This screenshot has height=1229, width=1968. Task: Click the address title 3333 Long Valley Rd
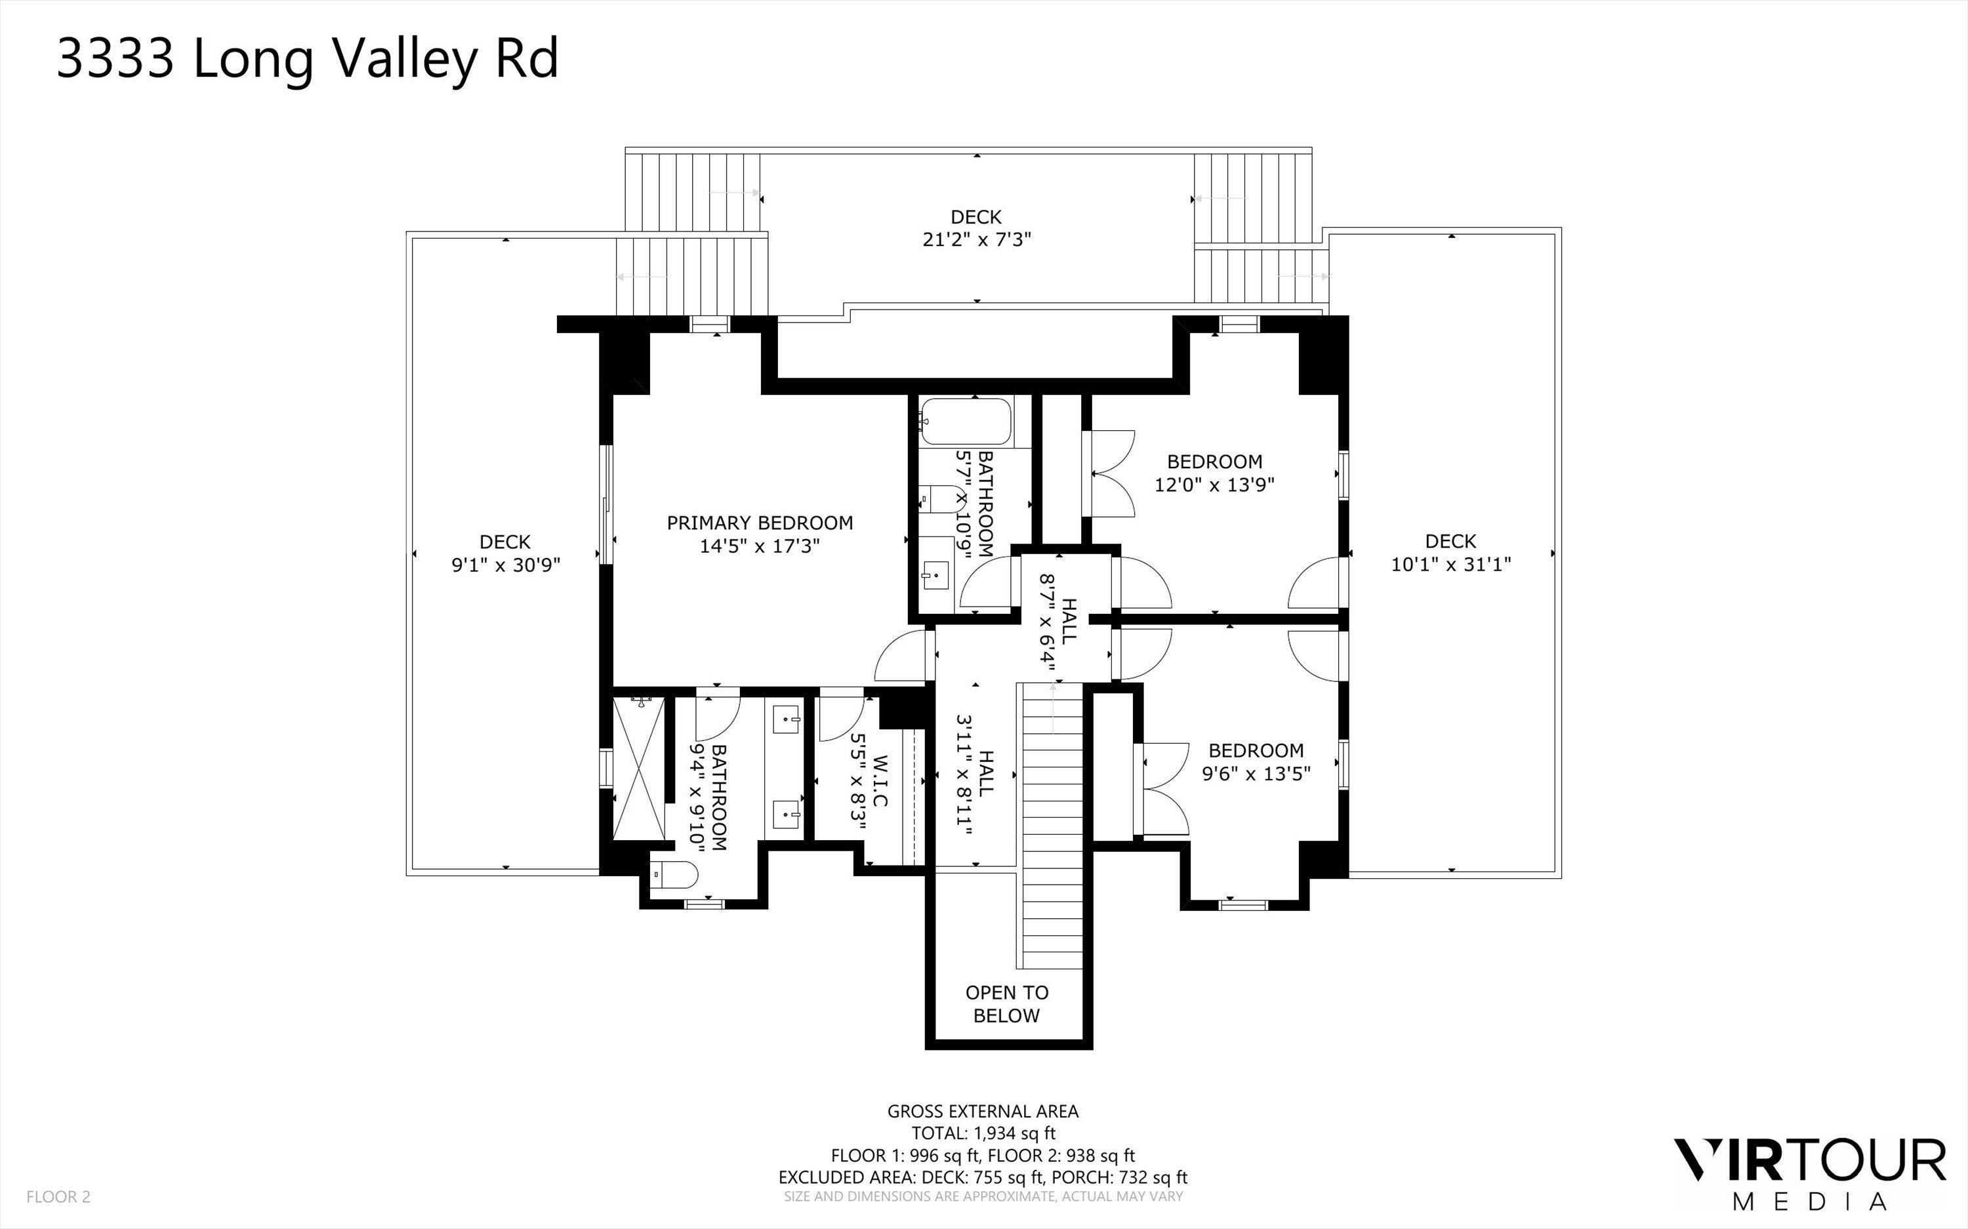click(307, 59)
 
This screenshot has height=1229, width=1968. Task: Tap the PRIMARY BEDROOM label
click(759, 523)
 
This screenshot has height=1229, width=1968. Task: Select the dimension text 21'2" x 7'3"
click(976, 240)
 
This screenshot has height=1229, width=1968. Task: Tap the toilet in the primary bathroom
click(676, 876)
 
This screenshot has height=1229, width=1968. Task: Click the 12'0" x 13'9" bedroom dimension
click(1214, 485)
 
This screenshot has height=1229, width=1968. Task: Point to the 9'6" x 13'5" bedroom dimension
click(1256, 774)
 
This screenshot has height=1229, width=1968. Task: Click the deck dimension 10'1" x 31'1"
click(1451, 564)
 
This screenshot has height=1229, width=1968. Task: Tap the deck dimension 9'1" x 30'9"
click(506, 565)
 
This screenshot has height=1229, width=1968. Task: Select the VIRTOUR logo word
click(1809, 1161)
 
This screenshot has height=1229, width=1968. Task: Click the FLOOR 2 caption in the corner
click(58, 1196)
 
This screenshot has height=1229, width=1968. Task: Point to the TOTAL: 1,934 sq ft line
click(983, 1133)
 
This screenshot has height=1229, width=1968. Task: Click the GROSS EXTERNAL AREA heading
click(983, 1110)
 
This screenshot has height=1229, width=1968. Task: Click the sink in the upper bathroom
click(935, 574)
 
